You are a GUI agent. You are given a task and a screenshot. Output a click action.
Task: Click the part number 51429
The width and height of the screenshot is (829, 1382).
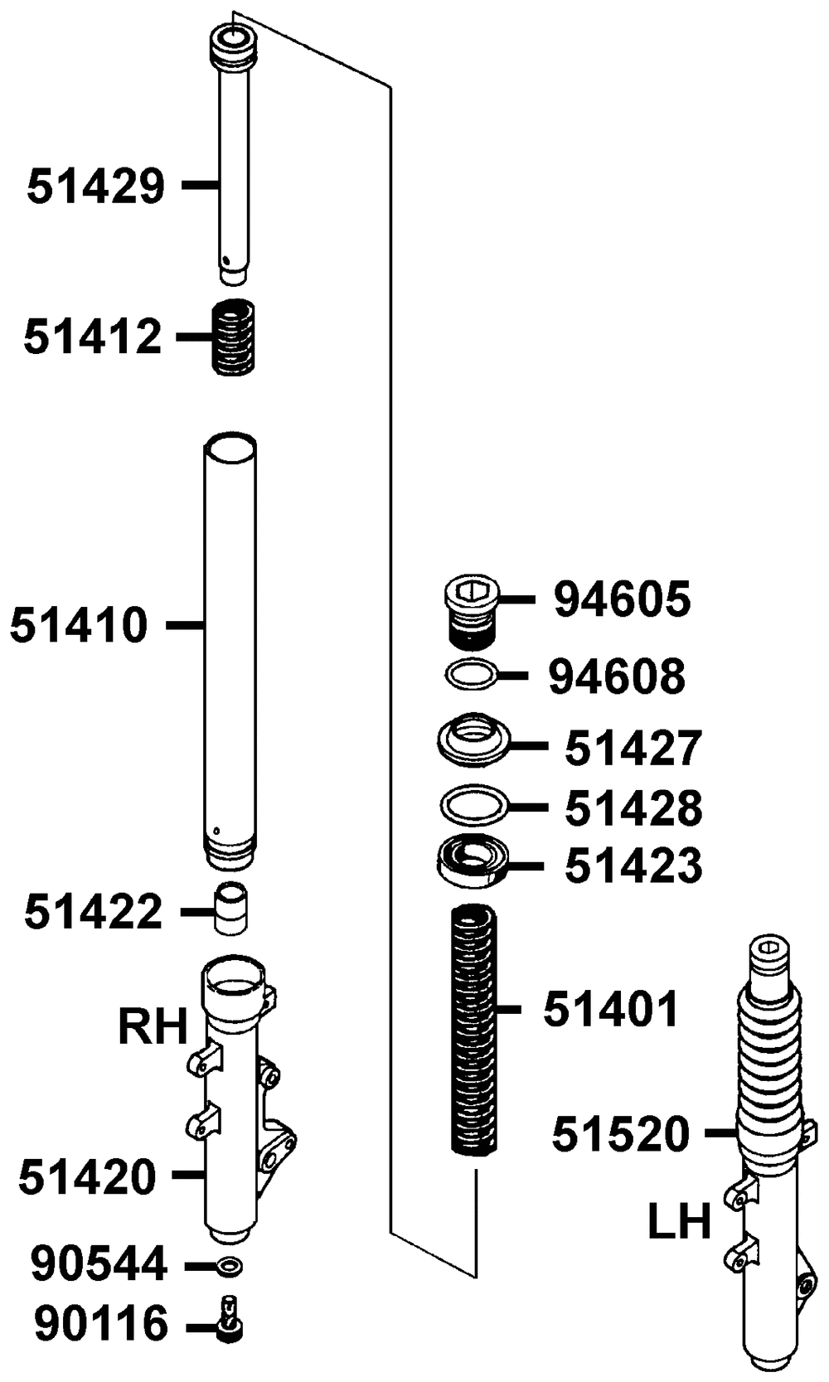[96, 186]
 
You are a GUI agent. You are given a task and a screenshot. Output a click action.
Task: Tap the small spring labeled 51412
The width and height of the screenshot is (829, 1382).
[234, 337]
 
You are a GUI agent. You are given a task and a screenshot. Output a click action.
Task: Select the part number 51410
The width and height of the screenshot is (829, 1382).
[79, 625]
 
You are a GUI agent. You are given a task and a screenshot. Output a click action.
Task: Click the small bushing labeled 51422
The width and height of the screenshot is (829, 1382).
[230, 908]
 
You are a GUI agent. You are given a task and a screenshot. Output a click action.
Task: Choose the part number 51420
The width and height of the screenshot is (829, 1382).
[88, 1176]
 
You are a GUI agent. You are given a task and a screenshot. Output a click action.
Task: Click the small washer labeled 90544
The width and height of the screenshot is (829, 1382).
[229, 1267]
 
